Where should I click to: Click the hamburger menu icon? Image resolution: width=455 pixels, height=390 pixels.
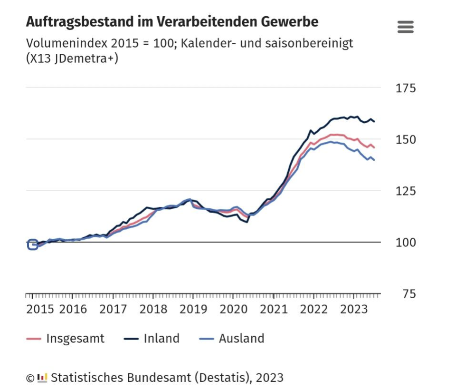pyautogui.click(x=405, y=27)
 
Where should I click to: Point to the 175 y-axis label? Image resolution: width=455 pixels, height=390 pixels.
pyautogui.click(x=406, y=88)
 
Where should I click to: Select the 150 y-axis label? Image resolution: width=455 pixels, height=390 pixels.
pyautogui.click(x=406, y=140)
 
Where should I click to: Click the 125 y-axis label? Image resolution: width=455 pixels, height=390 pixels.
pyautogui.click(x=406, y=191)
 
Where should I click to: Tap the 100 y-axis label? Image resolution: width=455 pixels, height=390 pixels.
pyautogui.click(x=406, y=243)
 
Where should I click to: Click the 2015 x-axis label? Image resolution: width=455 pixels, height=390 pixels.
pyautogui.click(x=40, y=309)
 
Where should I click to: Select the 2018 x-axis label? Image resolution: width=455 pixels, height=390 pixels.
pyautogui.click(x=153, y=309)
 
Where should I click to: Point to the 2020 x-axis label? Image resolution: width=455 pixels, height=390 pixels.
pyautogui.click(x=234, y=309)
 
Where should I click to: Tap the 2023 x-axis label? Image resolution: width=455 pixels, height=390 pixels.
pyautogui.click(x=354, y=309)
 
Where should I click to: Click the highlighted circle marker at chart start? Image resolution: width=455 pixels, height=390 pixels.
pyautogui.click(x=32, y=245)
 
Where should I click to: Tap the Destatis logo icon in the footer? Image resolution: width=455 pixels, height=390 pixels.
pyautogui.click(x=42, y=378)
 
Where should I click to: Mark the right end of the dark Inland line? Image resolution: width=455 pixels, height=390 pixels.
pyautogui.click(x=374, y=121)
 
